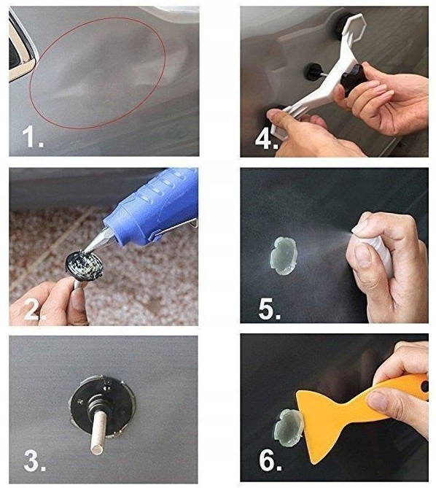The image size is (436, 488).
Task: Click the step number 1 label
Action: click(x=33, y=137)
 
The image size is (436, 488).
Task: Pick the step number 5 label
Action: click(x=270, y=309)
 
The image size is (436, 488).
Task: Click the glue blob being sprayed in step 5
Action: click(x=284, y=256)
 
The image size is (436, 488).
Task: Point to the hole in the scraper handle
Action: click(x=425, y=387)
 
